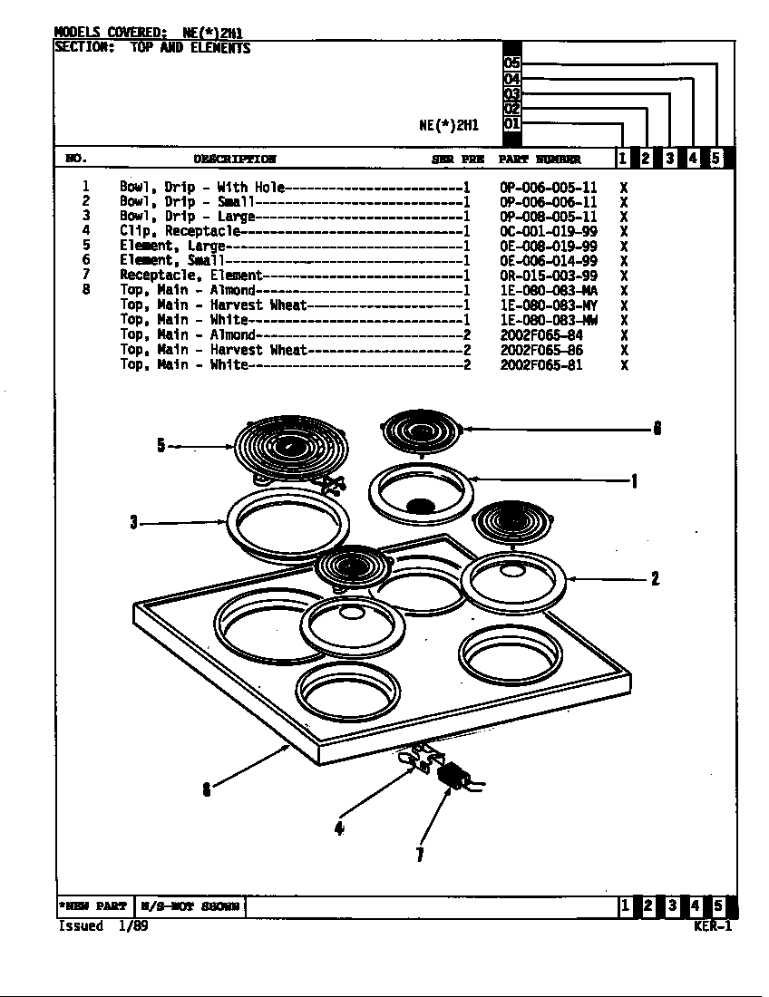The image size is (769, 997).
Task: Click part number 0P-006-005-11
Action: coord(548,188)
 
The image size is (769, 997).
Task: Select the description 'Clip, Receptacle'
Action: coord(180,231)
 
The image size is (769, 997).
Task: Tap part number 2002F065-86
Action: coord(541,350)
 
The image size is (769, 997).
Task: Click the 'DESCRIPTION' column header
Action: coord(234,160)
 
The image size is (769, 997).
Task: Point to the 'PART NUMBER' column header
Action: coord(540,160)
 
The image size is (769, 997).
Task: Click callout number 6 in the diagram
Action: coord(657,430)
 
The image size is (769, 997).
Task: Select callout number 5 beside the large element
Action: coord(161,445)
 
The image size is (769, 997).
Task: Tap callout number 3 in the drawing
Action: coord(133,522)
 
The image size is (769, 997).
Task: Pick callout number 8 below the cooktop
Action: coord(207,789)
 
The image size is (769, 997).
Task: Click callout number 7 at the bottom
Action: coord(420,854)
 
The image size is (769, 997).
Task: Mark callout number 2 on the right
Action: coord(655,578)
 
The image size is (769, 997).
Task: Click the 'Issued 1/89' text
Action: coord(102,925)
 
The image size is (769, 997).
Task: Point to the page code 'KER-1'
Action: coord(712,925)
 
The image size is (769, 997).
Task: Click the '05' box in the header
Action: coord(511,63)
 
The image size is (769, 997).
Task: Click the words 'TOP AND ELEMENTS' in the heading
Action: coord(190,48)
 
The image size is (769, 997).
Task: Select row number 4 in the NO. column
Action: coord(86,231)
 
